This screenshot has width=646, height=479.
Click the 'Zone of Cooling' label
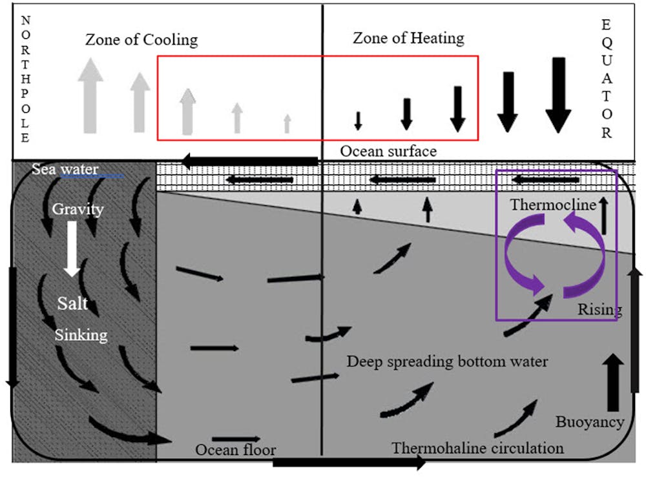pos(141,40)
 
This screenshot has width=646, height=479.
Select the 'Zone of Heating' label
pos(408,38)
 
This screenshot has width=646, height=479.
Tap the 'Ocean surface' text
pos(388,151)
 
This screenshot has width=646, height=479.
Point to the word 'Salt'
pos(72,303)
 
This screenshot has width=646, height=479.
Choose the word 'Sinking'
pos(81,334)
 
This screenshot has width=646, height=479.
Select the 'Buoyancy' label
pos(590,422)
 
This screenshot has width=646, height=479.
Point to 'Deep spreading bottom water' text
pos(447,361)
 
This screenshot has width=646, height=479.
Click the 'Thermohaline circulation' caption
pos(477,447)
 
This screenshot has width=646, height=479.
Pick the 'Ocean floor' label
pos(236,450)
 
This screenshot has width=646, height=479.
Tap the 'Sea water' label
pos(65,170)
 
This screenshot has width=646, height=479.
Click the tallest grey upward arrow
pos(90,96)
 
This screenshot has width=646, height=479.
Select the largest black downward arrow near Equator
pos(558,95)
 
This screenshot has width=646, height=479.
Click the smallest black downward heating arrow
pos(358,121)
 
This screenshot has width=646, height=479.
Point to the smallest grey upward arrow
pos(287,123)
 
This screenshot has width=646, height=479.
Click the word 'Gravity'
pos(78,209)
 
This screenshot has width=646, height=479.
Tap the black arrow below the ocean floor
pos(349,462)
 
